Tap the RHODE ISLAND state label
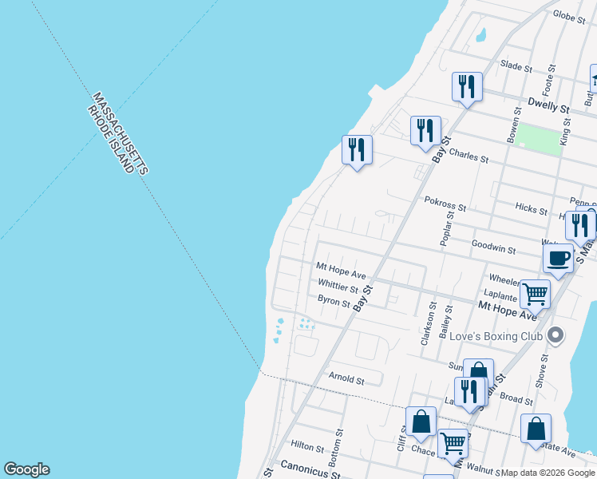[112, 139]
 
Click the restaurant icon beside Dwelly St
[467, 86]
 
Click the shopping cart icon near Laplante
[535, 293]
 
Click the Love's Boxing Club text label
[496, 336]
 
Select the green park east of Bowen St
[538, 139]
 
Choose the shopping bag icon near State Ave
[536, 428]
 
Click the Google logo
[26, 469]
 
